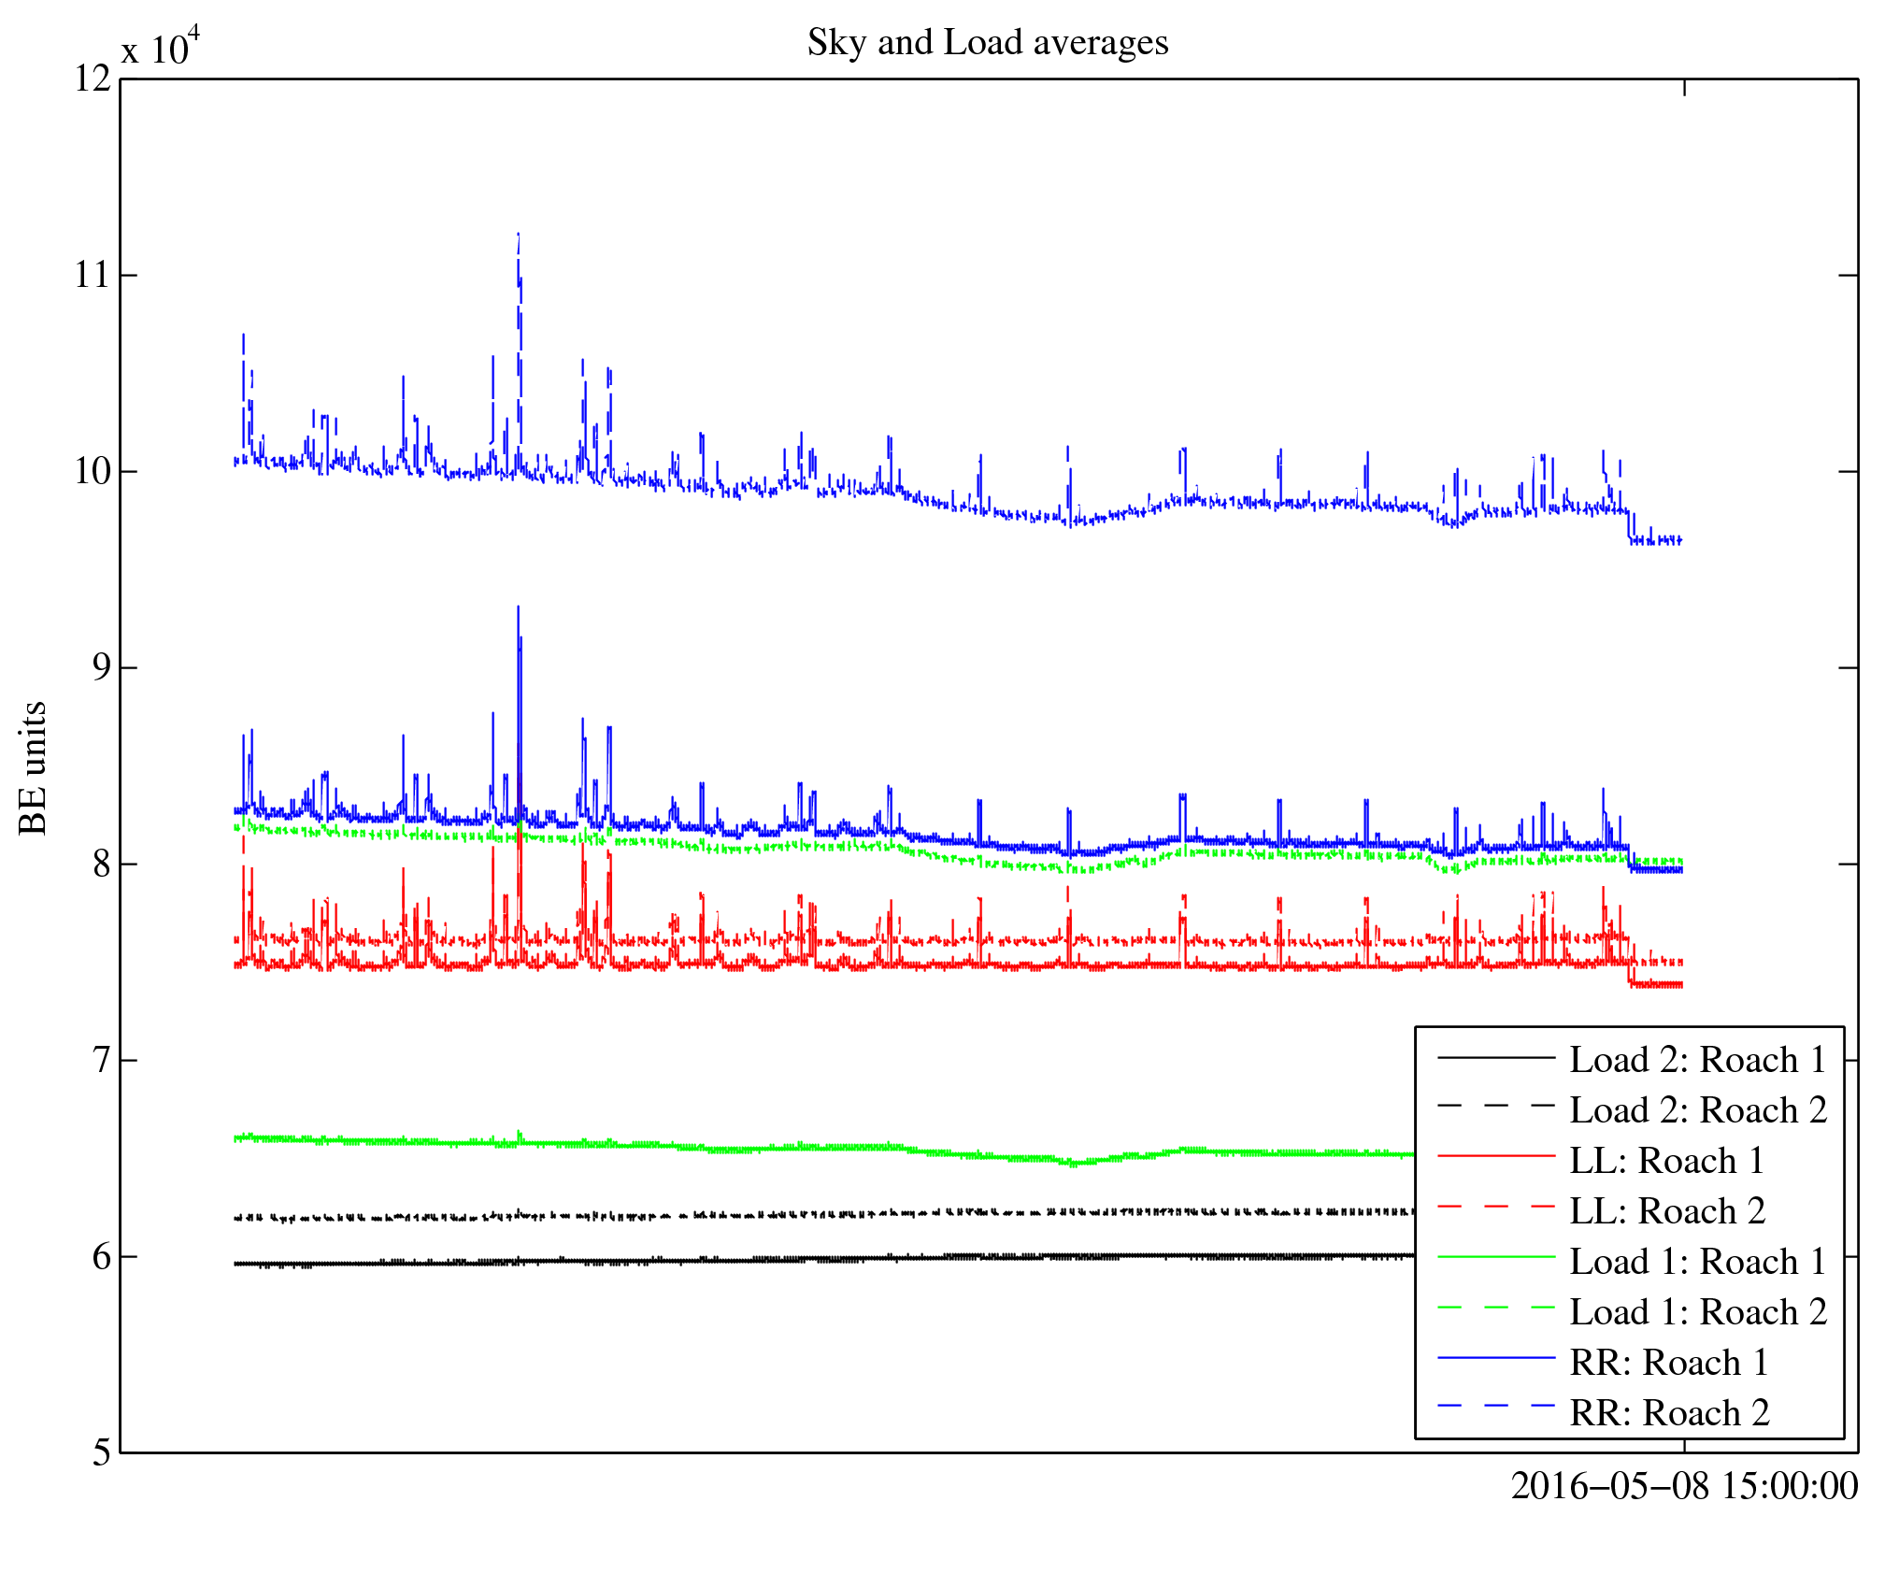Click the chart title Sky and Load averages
(987, 43)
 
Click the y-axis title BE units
(33, 767)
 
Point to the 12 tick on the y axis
(93, 79)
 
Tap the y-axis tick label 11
(93, 275)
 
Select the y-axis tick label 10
(93, 471)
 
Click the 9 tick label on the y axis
(101, 667)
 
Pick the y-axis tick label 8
(101, 864)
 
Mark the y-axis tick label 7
(101, 1060)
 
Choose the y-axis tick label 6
(101, 1256)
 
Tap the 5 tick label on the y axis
(101, 1452)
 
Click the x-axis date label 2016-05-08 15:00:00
(1684, 1486)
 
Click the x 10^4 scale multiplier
(160, 47)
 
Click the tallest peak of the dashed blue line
(518, 235)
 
